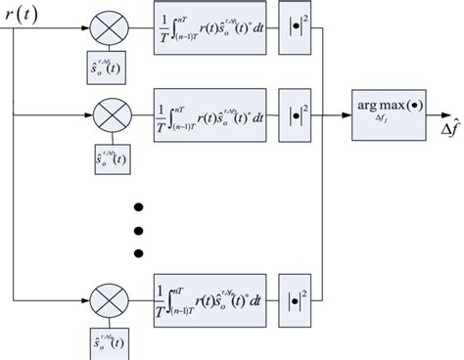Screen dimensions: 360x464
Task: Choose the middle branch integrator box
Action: [x=209, y=120]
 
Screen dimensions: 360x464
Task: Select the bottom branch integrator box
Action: [x=209, y=295]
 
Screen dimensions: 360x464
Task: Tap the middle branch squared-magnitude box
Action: [x=295, y=120]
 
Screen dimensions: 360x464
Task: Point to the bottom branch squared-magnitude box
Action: [x=295, y=295]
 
